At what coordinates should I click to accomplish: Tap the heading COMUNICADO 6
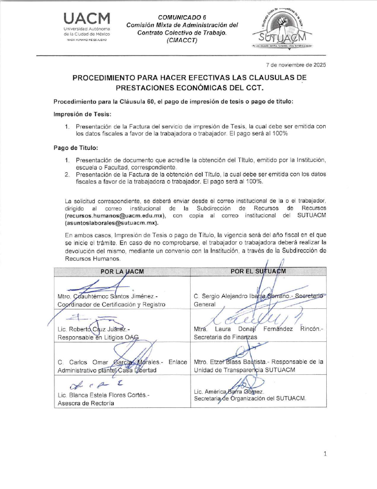182,17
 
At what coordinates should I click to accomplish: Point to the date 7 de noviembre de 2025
295,64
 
